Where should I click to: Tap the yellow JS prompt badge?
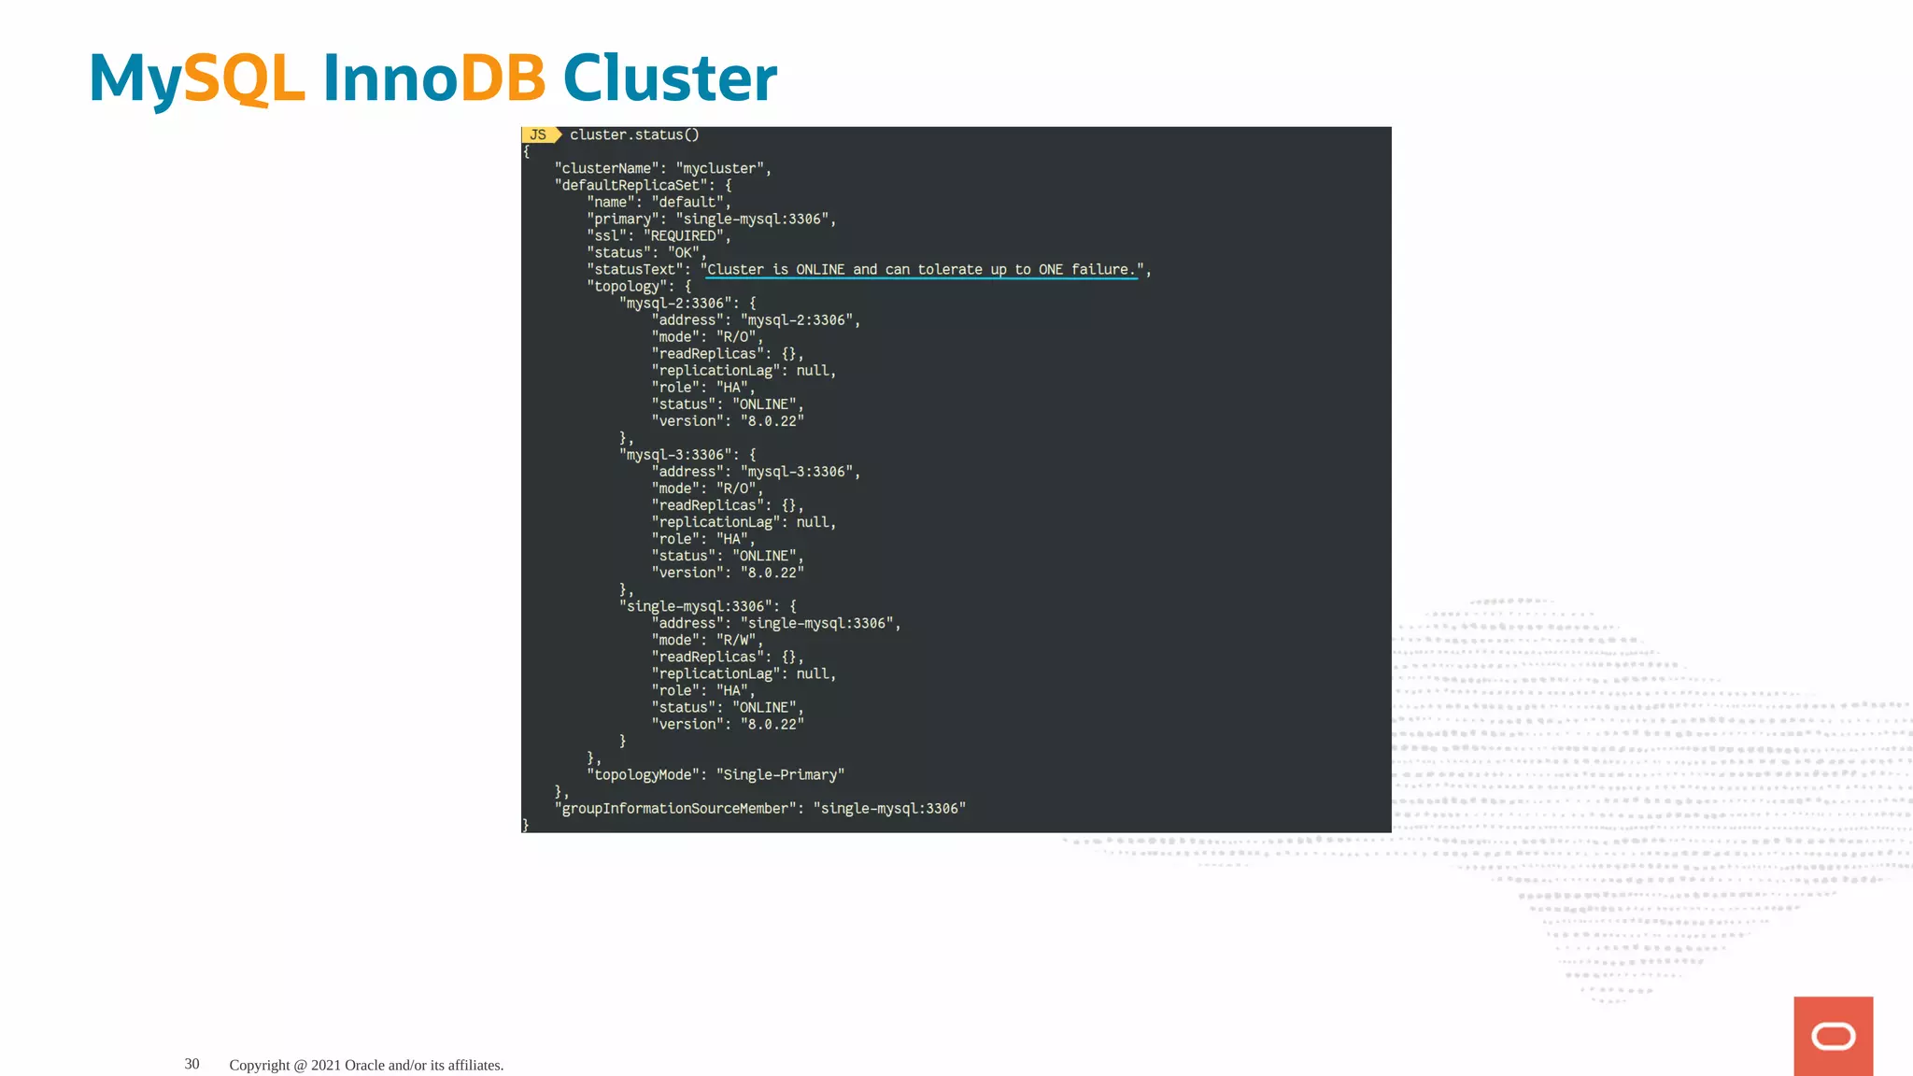(x=539, y=134)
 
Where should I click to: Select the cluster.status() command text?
(x=634, y=134)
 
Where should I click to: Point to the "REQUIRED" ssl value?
(x=685, y=235)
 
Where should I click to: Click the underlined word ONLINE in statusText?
(x=819, y=269)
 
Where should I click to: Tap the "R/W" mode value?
(x=737, y=640)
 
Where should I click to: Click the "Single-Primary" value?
(x=780, y=774)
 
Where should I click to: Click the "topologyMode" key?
(x=644, y=774)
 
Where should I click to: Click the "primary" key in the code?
(x=622, y=219)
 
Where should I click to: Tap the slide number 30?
(x=191, y=1064)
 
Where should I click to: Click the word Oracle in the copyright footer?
(x=364, y=1065)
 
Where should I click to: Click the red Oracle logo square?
(x=1833, y=1036)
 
